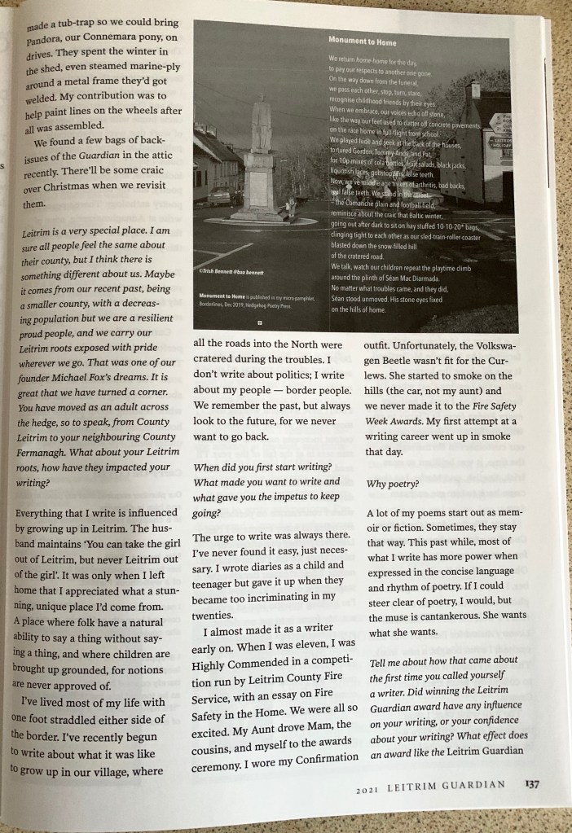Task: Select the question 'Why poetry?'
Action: point(393,483)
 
